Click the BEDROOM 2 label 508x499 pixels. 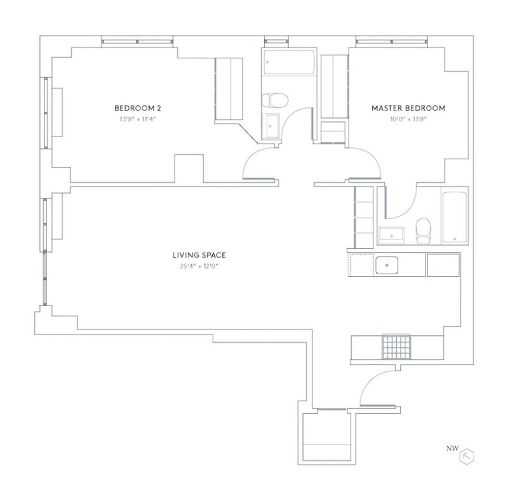tap(137, 108)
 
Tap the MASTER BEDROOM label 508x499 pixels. tap(408, 108)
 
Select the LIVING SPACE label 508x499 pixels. tap(199, 255)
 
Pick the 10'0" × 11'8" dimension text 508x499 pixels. tap(408, 119)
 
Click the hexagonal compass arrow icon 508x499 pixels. tap(469, 456)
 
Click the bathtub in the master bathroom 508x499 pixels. tap(454, 216)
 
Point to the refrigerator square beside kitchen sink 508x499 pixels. tap(443, 265)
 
